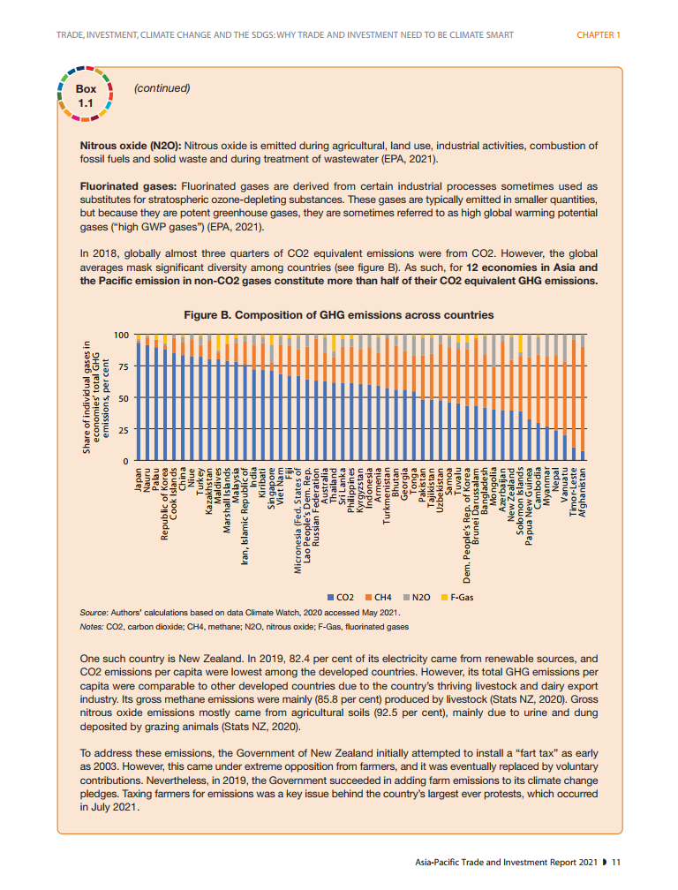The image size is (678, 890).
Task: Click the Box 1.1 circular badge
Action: [x=86, y=95]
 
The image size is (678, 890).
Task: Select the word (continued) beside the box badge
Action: [x=162, y=88]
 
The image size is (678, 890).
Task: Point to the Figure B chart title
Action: [x=338, y=315]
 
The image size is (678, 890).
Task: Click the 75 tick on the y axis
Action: [x=123, y=366]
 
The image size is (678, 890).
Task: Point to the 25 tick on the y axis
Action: [x=123, y=430]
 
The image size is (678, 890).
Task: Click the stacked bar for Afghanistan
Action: [x=583, y=398]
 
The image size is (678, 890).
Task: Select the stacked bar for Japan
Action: [x=139, y=398]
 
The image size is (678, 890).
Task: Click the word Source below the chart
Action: [x=93, y=613]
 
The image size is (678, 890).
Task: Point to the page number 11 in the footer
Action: [x=617, y=862]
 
